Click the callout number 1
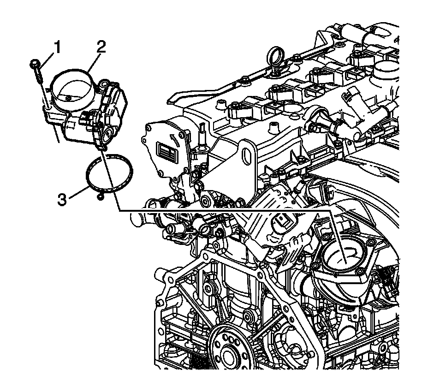tap(58, 46)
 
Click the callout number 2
tap(101, 46)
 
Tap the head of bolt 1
tap(35, 62)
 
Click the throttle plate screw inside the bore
tap(69, 97)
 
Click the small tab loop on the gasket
tap(100, 197)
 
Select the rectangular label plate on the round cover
tap(166, 150)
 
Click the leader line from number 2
tap(94, 60)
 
